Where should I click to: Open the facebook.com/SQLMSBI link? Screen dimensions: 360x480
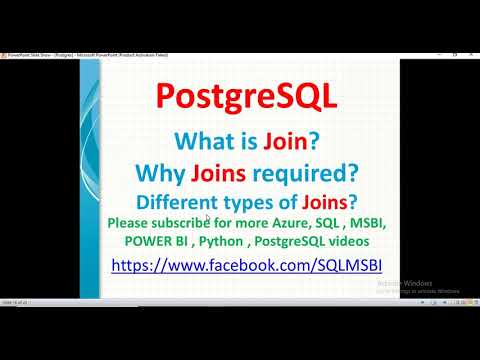click(x=246, y=266)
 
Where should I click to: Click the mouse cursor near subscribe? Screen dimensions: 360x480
click(x=207, y=219)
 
